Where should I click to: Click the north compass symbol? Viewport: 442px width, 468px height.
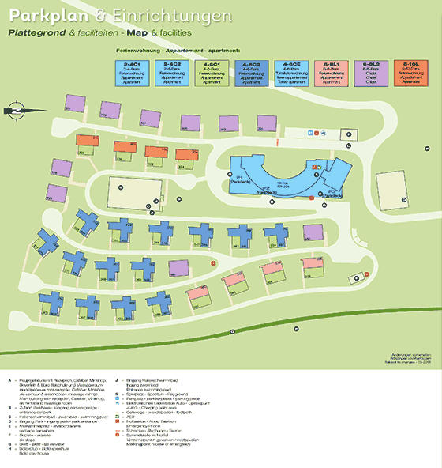click(x=17, y=111)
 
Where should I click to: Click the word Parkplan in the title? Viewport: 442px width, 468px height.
click(x=40, y=15)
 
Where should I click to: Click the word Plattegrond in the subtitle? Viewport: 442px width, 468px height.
click(x=36, y=33)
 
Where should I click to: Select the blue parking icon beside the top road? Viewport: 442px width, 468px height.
click(x=312, y=134)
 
